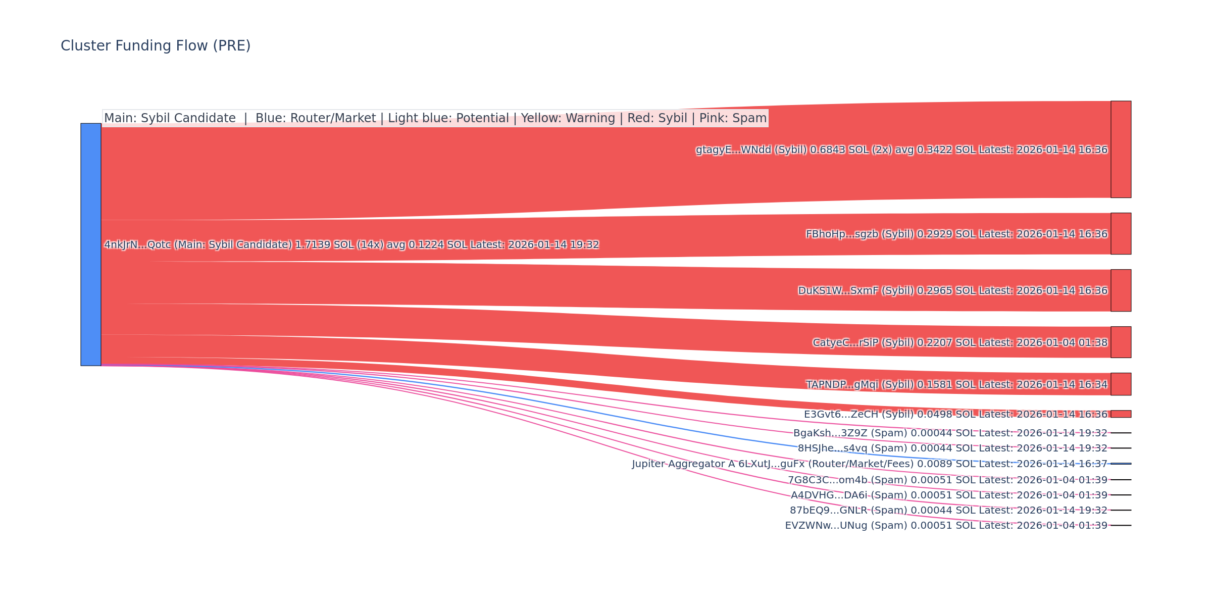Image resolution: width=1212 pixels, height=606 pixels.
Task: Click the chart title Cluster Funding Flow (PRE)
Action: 156,46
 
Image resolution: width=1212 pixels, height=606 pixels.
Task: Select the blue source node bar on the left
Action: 91,244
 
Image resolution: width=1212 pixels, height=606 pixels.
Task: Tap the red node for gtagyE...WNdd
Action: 1121,149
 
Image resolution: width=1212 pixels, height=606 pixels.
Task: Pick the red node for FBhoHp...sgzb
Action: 1121,234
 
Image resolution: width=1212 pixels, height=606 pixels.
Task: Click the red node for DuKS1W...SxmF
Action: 1121,290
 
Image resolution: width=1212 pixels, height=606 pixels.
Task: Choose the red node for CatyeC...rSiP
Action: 1121,342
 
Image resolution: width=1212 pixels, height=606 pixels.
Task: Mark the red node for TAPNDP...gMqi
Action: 1121,384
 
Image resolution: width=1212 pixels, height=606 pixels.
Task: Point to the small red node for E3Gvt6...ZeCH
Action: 1121,414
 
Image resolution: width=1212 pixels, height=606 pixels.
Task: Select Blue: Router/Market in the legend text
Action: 315,118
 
